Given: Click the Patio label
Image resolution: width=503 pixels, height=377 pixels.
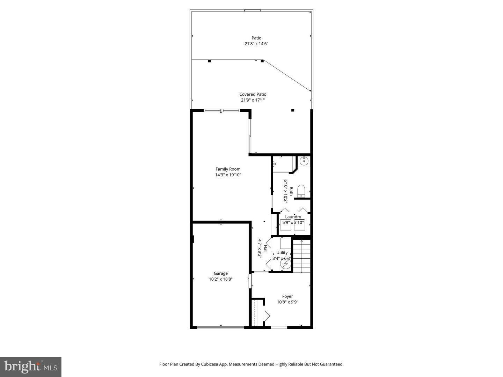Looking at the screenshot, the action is (256, 38).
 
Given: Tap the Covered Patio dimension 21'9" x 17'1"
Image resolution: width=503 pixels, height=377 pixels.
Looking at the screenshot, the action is (253, 100).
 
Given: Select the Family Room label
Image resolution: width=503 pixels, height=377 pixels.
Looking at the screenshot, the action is (228, 169).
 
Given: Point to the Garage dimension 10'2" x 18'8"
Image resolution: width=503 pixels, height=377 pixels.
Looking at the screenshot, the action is (221, 279).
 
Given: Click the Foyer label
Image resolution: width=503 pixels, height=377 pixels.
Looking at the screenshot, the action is (287, 296).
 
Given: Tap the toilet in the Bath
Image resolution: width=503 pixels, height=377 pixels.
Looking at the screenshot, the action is (301, 191).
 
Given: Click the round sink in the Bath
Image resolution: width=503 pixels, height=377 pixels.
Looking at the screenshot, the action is (304, 161).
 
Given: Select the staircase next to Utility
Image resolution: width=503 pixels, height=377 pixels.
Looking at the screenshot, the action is (301, 256).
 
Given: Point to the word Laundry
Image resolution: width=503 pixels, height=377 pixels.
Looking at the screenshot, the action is (293, 217).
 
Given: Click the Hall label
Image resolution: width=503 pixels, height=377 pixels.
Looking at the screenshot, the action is (265, 249).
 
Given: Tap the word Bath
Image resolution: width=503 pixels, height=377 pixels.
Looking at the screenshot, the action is (291, 191).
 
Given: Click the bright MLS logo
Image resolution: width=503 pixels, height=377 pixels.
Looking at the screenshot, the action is (30, 367).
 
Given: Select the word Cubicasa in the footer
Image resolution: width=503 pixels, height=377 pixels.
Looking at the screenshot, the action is (210, 364).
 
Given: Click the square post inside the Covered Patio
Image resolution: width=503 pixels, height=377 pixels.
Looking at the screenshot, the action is (293, 110).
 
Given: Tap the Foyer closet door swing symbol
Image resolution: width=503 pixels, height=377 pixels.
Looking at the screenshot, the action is (267, 316).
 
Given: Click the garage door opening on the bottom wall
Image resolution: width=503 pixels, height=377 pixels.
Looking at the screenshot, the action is (220, 327).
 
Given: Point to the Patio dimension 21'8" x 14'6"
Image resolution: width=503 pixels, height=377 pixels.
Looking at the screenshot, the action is (256, 44).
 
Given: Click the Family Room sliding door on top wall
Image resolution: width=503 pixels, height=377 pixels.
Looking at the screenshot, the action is (221, 111).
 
